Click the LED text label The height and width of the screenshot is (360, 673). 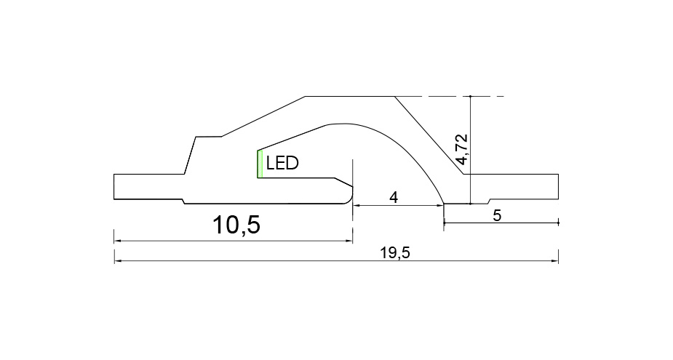(x=282, y=163)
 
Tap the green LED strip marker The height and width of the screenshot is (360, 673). (x=260, y=164)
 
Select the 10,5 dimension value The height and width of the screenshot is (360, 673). (x=236, y=225)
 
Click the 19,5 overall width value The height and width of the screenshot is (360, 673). (x=395, y=253)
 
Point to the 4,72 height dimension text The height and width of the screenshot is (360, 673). (x=462, y=149)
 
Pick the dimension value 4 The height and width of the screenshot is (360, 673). (x=394, y=198)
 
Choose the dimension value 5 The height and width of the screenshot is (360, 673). (x=497, y=216)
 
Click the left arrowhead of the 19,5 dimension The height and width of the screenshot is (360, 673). (x=117, y=260)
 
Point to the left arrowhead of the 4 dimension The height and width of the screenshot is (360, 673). (x=357, y=206)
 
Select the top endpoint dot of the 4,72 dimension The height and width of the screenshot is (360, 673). (x=471, y=97)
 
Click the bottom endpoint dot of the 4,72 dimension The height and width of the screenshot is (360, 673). (x=471, y=204)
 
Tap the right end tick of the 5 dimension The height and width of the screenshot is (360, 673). (x=558, y=223)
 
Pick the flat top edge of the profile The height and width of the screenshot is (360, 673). (x=350, y=97)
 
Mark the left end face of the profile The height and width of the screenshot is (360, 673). (x=114, y=187)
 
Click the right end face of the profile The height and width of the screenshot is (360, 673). (x=558, y=187)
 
